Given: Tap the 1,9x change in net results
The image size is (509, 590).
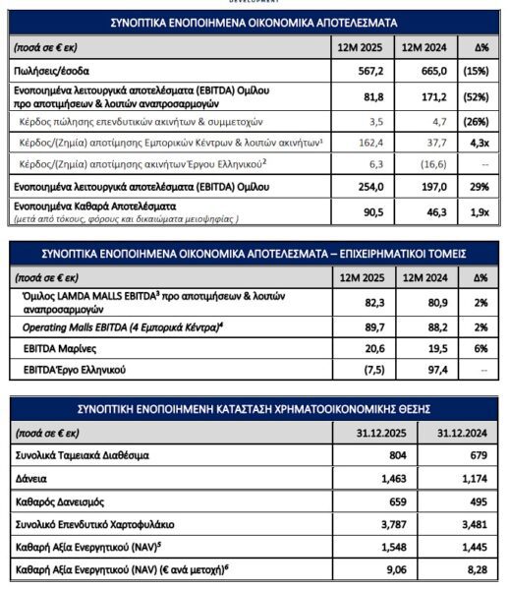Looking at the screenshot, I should point(474,208).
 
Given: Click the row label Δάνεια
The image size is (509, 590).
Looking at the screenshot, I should point(31,479).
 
